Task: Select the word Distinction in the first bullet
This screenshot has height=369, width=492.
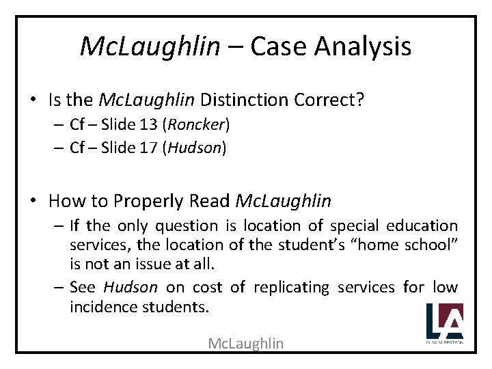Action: click(x=244, y=101)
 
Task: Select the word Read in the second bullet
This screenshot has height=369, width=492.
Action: click(x=214, y=202)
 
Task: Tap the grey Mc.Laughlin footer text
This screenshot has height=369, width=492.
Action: click(x=246, y=343)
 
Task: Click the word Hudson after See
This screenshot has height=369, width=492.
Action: click(x=130, y=288)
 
